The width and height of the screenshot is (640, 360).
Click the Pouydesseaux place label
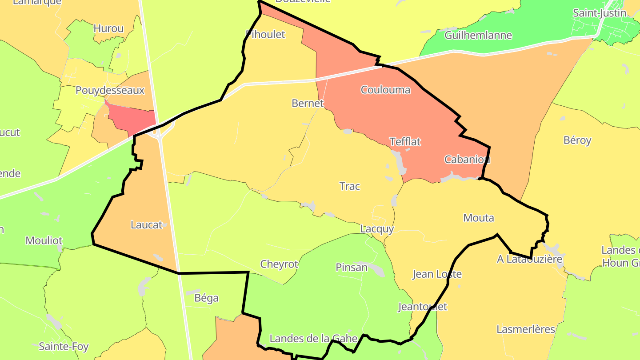(110, 90)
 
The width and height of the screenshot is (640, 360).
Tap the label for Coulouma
(385, 90)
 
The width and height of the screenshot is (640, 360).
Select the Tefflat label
(405, 142)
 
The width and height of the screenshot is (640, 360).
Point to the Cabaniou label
(467, 159)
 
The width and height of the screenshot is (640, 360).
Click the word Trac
(349, 186)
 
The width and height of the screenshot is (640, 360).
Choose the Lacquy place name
(377, 229)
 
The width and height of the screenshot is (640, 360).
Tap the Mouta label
(478, 218)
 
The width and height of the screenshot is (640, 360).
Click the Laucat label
(146, 225)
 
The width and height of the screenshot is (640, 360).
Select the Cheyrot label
(279, 264)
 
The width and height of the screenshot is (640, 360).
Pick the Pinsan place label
(352, 267)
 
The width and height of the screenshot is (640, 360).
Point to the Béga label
(207, 298)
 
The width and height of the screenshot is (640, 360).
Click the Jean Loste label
(437, 274)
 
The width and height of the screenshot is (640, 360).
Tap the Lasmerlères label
(526, 329)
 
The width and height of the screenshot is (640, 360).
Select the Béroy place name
(577, 140)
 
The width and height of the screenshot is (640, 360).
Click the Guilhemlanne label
(478, 35)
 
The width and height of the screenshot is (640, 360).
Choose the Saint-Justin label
(600, 13)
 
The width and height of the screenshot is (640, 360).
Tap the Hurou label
(108, 28)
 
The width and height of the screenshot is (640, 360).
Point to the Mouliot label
(44, 240)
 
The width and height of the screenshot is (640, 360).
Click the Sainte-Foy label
(64, 346)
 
